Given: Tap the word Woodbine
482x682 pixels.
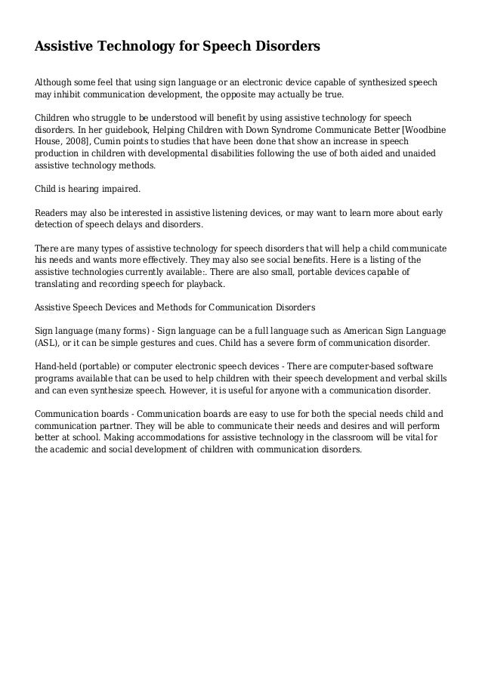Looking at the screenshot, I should click(x=419, y=129).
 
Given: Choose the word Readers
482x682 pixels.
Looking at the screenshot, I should click(x=54, y=213).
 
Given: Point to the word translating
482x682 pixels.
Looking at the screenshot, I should click(x=62, y=284).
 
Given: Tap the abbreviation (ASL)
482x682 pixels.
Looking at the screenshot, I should click(x=48, y=342).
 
